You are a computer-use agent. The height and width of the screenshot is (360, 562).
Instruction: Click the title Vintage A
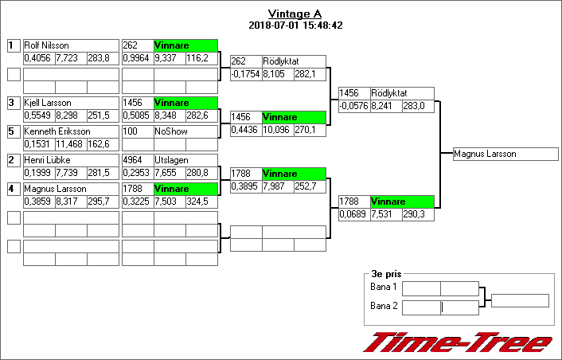(x=295, y=14)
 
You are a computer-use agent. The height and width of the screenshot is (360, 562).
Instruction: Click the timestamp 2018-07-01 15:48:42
(x=295, y=25)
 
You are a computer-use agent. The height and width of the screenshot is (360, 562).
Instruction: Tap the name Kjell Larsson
(x=48, y=103)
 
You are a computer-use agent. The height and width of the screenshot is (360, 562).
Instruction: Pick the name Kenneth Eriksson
(x=57, y=131)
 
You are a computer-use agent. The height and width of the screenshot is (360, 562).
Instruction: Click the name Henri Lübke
(x=48, y=160)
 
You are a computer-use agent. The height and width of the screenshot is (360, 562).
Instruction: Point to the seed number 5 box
(x=13, y=131)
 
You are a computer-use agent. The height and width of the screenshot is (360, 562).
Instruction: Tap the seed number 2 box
(x=13, y=160)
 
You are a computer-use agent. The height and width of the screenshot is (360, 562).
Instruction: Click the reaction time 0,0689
(x=353, y=214)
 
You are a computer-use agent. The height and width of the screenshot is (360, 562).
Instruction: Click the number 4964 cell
(x=136, y=160)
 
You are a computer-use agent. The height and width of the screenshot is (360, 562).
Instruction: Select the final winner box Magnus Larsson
(x=505, y=154)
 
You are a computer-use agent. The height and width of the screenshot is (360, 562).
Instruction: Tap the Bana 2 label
(x=384, y=305)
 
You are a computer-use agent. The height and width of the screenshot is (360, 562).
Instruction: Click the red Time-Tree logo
(x=458, y=342)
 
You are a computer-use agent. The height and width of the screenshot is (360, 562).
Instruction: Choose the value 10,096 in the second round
(x=277, y=130)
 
